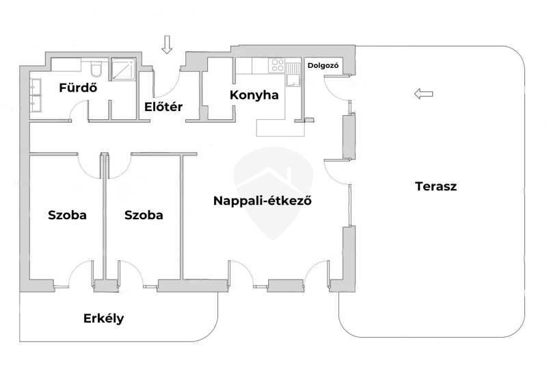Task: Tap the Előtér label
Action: (162, 106)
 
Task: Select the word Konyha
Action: (254, 95)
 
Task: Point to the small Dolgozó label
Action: (323, 66)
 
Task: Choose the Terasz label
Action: (436, 186)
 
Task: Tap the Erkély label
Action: (103, 319)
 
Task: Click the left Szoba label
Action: (67, 215)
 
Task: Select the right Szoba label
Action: (144, 215)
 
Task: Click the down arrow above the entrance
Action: (167, 45)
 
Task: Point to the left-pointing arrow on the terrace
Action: (424, 94)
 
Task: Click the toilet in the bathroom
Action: (96, 69)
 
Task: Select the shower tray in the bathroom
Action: (124, 69)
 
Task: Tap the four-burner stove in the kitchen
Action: (278, 66)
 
